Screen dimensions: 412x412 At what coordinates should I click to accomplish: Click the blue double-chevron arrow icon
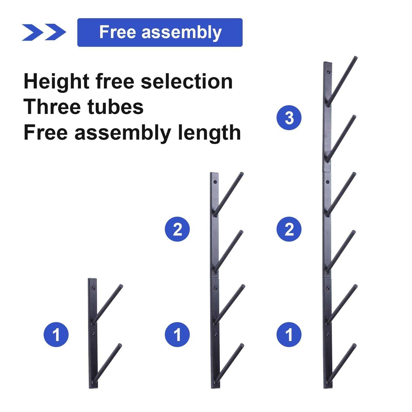tap(44, 32)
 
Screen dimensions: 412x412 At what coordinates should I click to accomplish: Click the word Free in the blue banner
tap(118, 32)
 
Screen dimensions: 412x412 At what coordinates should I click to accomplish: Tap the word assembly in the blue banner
tap(182, 33)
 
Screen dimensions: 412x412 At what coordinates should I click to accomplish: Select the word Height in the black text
tap(56, 82)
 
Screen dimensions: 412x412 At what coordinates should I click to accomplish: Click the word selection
tap(187, 82)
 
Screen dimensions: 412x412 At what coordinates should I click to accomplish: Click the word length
tap(209, 133)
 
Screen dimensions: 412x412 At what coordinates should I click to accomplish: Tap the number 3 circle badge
tap(289, 118)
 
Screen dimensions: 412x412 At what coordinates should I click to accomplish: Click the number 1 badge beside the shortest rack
tap(56, 335)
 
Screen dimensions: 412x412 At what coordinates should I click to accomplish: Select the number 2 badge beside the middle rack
tap(177, 229)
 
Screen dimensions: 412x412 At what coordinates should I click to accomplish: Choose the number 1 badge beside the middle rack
tap(177, 335)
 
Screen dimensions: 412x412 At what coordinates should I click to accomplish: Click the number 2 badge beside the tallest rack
tap(289, 229)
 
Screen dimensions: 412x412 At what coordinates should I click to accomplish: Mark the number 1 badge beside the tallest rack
tap(289, 335)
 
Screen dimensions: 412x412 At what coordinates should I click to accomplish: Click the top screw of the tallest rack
tap(328, 72)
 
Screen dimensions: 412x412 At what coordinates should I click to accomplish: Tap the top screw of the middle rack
tap(215, 182)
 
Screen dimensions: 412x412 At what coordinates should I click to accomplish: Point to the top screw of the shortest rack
tap(93, 288)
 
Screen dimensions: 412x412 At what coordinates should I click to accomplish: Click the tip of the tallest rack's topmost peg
tap(356, 58)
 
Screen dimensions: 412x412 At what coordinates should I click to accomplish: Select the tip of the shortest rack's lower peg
tap(119, 345)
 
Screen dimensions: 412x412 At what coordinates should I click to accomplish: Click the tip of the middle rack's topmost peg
tap(242, 174)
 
